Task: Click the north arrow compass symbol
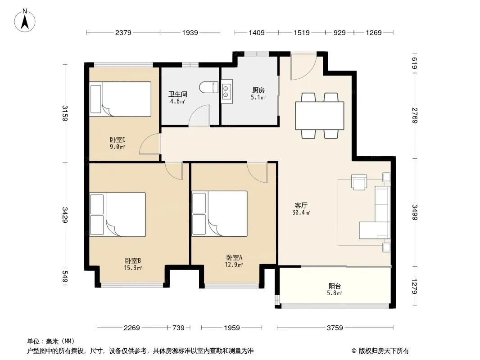point(25,21)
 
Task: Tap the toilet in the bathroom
point(208,87)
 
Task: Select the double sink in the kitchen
point(226,91)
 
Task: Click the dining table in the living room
point(320,116)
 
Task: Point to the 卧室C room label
point(118,140)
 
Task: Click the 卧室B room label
point(133,261)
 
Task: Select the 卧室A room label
point(234,258)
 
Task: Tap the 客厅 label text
point(301,206)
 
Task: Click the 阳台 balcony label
point(335,286)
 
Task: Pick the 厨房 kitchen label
point(258,90)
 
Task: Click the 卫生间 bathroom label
point(177,94)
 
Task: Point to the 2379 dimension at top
point(123,32)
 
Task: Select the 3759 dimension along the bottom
point(335,328)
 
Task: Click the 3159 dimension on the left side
point(65,113)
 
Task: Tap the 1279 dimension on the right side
point(415,286)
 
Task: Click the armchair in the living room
point(359,182)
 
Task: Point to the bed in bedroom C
point(120,99)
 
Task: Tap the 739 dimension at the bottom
point(178,328)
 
